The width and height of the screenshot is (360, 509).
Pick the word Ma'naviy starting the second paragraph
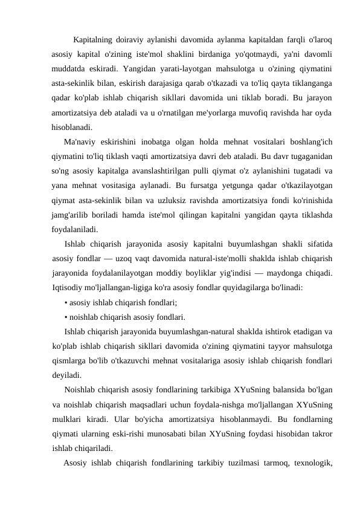pos(82,142)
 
